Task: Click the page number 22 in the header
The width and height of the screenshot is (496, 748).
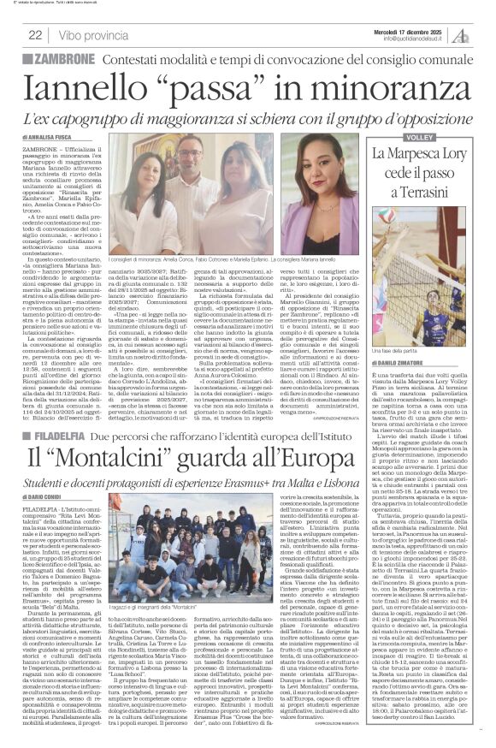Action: (35, 34)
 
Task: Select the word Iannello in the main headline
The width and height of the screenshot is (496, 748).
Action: (93, 87)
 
